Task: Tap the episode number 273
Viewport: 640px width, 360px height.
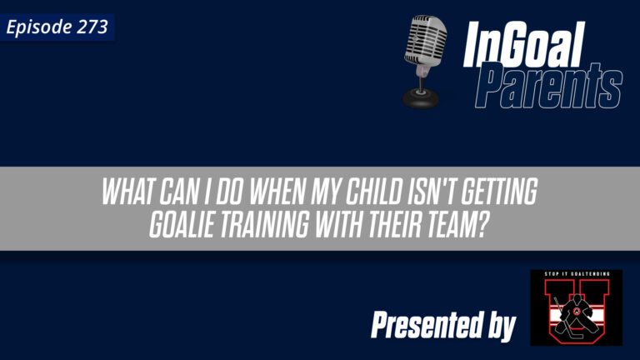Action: point(92,27)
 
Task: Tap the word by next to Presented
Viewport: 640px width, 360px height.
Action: point(495,327)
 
